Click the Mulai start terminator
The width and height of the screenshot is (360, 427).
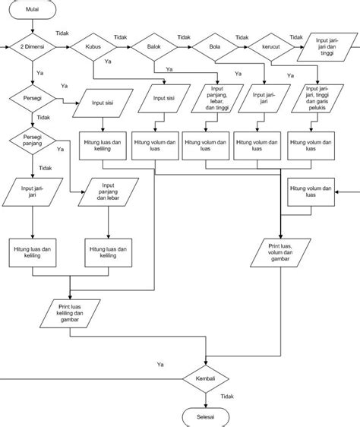pos(33,10)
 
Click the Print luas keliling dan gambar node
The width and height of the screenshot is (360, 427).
pos(69,312)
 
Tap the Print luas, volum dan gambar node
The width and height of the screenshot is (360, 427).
pos(280,251)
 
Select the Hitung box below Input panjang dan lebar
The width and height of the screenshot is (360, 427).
pos(107,252)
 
